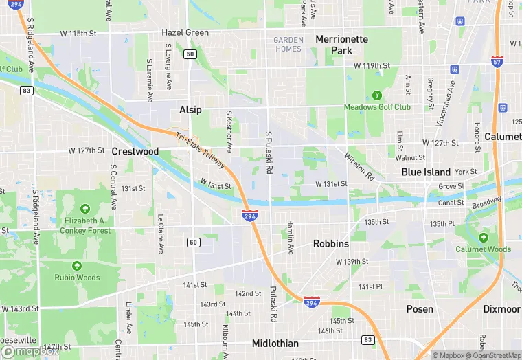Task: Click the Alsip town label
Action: [x=190, y=110]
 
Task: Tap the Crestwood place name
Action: [x=135, y=151]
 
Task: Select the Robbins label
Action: [x=331, y=244]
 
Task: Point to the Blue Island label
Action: [x=426, y=172]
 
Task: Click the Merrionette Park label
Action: [x=342, y=45]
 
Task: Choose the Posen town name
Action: [x=420, y=309]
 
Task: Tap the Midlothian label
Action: [x=275, y=344]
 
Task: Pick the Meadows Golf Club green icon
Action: [x=376, y=95]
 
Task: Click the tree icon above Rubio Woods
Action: [x=77, y=266]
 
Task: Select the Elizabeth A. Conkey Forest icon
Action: [x=84, y=208]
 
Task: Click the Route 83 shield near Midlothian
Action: [x=369, y=339]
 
